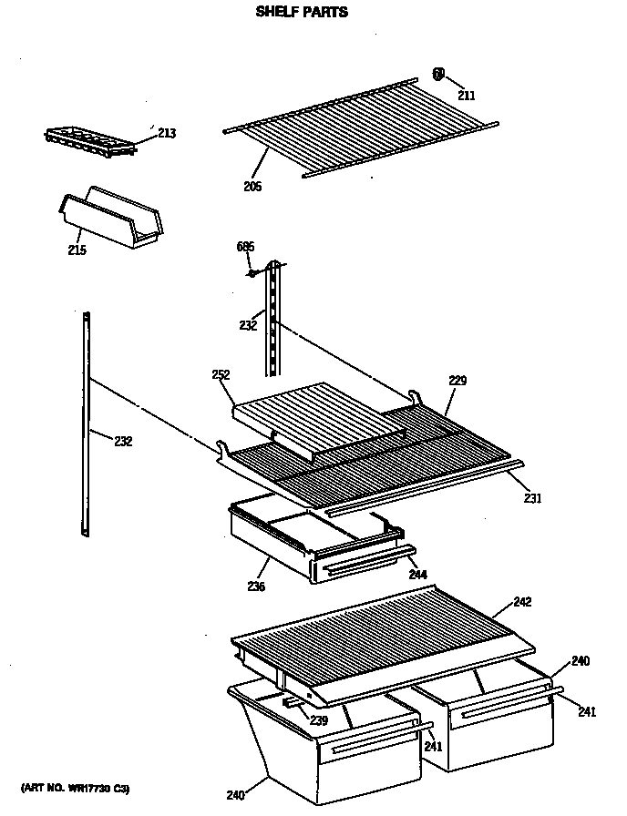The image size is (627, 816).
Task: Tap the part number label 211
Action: point(467,95)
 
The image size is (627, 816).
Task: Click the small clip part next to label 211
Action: point(438,75)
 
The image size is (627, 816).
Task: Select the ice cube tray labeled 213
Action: point(89,138)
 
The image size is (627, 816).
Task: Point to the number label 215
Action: point(77,250)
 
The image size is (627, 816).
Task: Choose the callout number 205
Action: point(252,187)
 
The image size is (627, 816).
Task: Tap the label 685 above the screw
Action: point(245,247)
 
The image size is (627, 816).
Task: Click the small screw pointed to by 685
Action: point(251,270)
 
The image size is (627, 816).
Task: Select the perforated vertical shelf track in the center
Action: point(272,319)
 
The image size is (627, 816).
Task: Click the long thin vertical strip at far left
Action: point(87,423)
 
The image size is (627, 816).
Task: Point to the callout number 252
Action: point(221,374)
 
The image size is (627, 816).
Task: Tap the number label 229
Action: point(457,381)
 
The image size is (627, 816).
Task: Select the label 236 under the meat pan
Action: point(256,587)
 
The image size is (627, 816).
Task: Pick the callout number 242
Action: point(522,602)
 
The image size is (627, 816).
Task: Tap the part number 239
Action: point(318,720)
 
